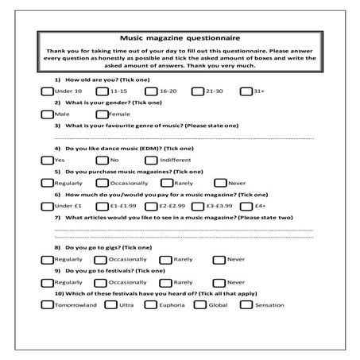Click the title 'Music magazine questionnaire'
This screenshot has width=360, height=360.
coord(179,37)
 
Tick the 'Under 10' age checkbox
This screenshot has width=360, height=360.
coord(47,92)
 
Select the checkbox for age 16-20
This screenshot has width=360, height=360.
coord(151,92)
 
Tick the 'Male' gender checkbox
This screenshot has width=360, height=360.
coord(47,114)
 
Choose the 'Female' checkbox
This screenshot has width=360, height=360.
coord(102,114)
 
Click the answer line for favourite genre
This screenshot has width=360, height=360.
coord(183,137)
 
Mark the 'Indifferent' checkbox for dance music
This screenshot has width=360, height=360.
coord(151,160)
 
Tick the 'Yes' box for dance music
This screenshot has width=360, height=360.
coord(47,160)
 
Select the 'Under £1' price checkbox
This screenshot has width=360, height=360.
coord(47,205)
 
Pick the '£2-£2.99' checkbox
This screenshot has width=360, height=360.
coord(151,205)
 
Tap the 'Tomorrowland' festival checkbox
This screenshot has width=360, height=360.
coord(47,304)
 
